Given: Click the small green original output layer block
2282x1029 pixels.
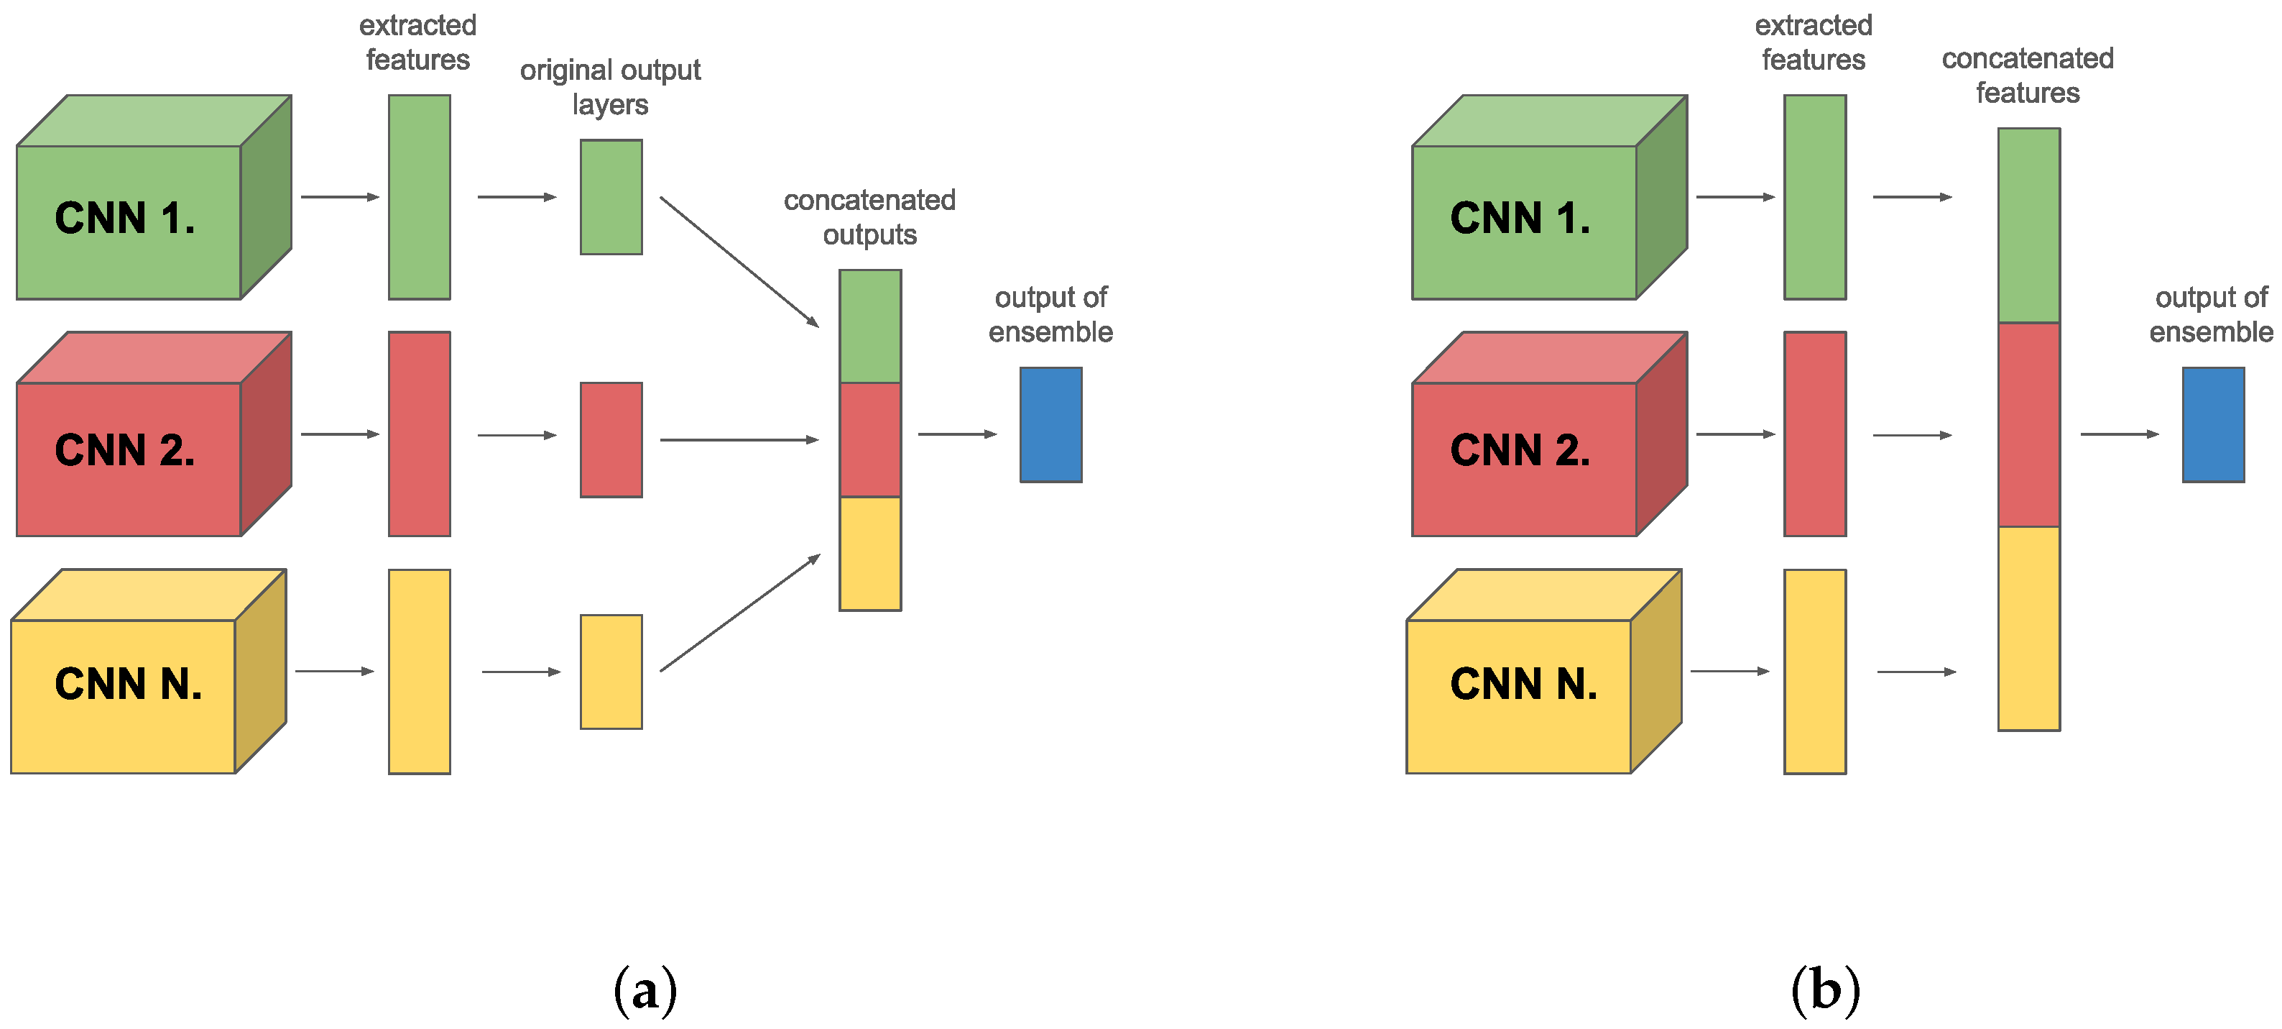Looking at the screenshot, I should tap(611, 197).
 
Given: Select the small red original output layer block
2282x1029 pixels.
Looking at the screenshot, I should tap(611, 439).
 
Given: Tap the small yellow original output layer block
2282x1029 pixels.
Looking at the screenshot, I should tap(611, 672).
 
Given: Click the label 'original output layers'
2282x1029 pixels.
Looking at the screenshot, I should tap(610, 87).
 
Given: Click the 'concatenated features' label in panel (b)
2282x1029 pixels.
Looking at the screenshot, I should tap(2028, 76).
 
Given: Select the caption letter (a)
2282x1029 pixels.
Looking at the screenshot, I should tap(645, 990).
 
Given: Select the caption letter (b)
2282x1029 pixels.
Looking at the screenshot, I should tap(1825, 990).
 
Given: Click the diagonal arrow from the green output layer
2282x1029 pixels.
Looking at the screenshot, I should tap(739, 262).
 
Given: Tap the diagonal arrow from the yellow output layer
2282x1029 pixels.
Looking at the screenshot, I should tap(739, 613).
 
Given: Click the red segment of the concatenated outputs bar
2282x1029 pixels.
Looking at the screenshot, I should tap(870, 439).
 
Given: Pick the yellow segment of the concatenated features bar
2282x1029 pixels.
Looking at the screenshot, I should tap(2028, 628).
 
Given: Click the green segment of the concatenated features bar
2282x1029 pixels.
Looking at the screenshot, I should tap(2028, 225).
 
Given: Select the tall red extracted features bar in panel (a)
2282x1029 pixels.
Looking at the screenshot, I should tap(419, 434).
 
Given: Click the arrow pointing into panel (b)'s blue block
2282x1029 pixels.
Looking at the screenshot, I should tap(2119, 434).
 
